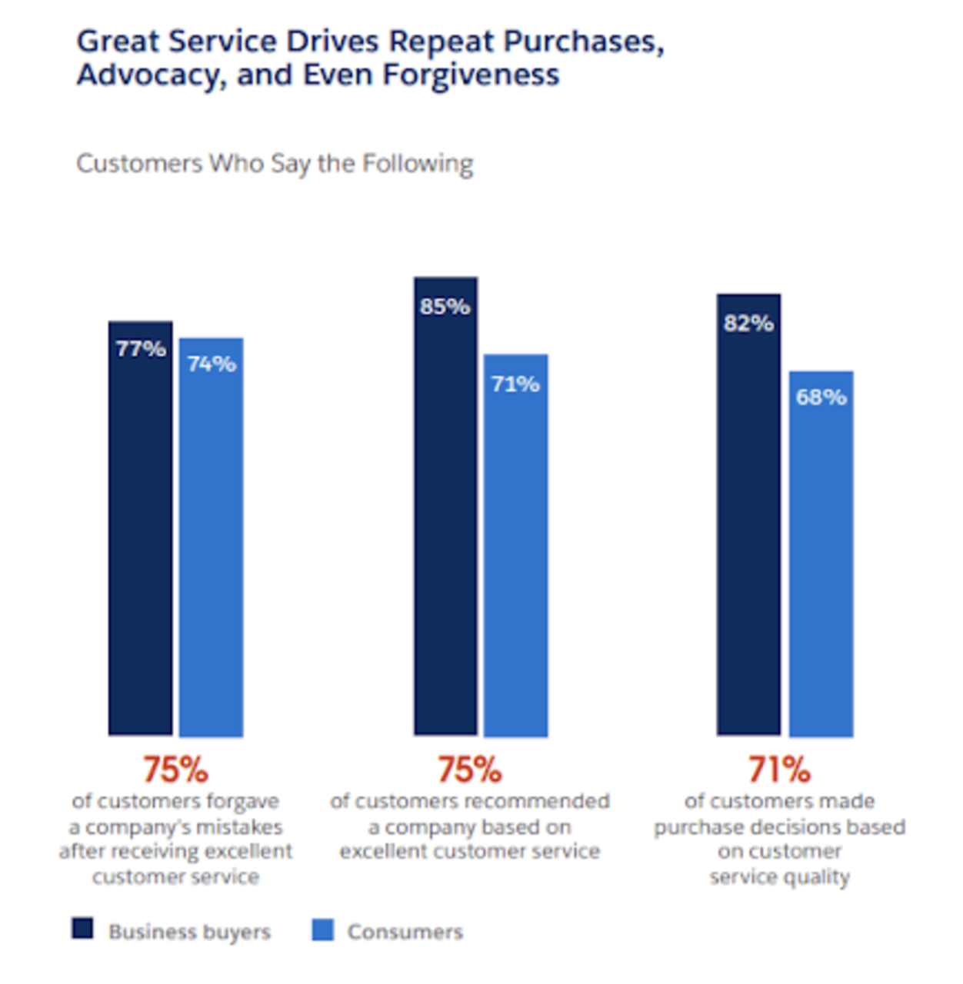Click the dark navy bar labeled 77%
140,538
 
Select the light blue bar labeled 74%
212,546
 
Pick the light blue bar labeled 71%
516,553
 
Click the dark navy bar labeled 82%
748,523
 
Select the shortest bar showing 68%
821,561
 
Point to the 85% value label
445,307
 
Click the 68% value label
821,397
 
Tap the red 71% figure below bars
779,769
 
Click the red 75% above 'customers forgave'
175,769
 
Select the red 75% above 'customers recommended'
469,769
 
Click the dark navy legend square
82,929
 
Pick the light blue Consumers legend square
323,930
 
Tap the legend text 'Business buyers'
189,932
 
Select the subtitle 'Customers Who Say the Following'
275,164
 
